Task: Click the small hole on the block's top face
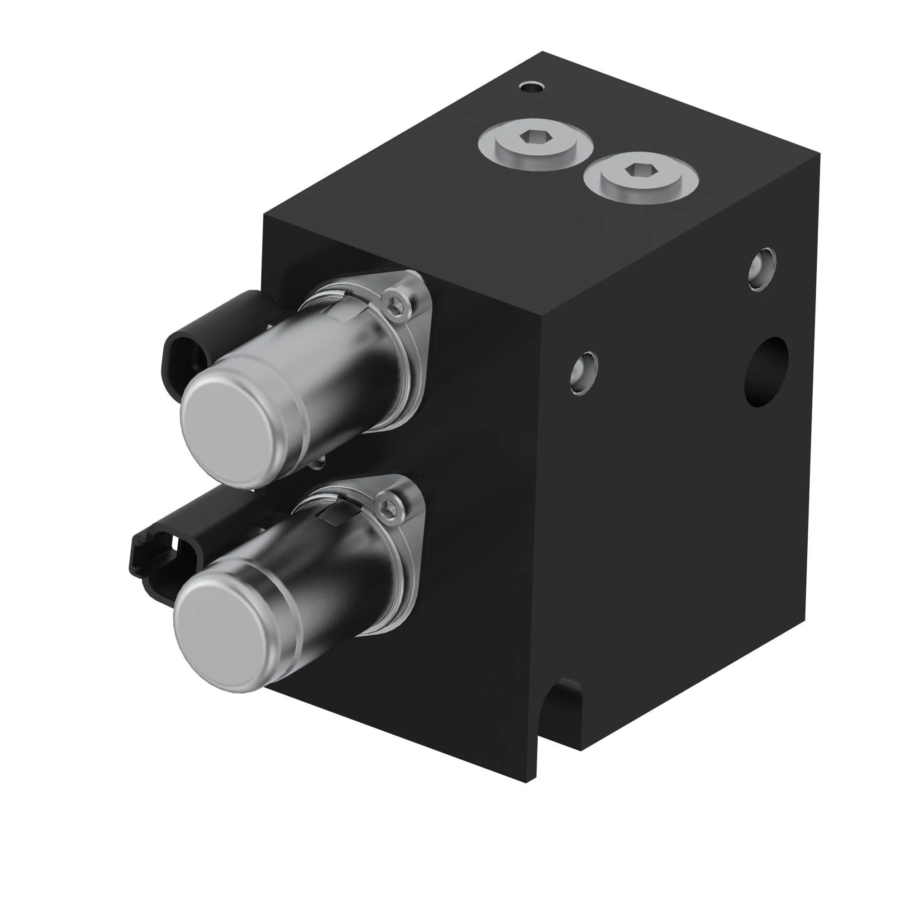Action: [x=532, y=87]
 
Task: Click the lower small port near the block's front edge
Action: [x=584, y=372]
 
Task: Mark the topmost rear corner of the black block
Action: [x=543, y=52]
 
